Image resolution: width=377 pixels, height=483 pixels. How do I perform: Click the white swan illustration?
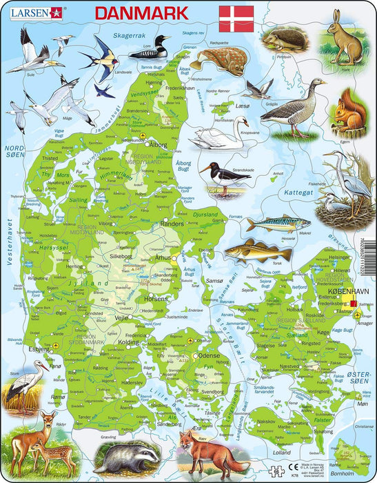click(x=221, y=133)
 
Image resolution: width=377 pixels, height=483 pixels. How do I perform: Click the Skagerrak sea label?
click(x=130, y=34)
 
